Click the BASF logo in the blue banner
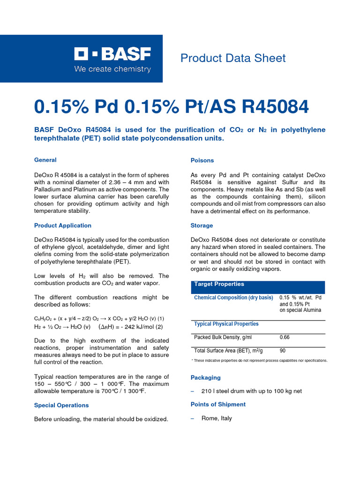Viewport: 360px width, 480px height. (x=112, y=55)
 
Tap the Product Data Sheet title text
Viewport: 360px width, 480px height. (x=233, y=58)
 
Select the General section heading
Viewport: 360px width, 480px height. (x=45, y=160)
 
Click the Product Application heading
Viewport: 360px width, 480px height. (x=63, y=225)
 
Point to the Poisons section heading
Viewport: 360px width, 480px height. (x=202, y=160)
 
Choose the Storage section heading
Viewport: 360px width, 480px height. (x=202, y=225)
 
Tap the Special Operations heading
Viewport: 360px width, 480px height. (x=61, y=405)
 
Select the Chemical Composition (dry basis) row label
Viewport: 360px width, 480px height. (x=233, y=298)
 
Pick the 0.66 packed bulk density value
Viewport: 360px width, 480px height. (x=285, y=337)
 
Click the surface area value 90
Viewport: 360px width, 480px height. (x=283, y=351)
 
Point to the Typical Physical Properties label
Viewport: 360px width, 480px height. (x=226, y=324)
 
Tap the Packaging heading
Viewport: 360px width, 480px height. (x=205, y=377)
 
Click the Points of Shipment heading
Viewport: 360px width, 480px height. (x=218, y=404)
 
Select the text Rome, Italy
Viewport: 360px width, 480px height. (x=217, y=418)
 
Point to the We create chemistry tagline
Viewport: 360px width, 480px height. (x=112, y=69)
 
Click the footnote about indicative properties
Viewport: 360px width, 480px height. (x=259, y=360)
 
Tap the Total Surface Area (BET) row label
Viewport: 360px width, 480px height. (x=228, y=351)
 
